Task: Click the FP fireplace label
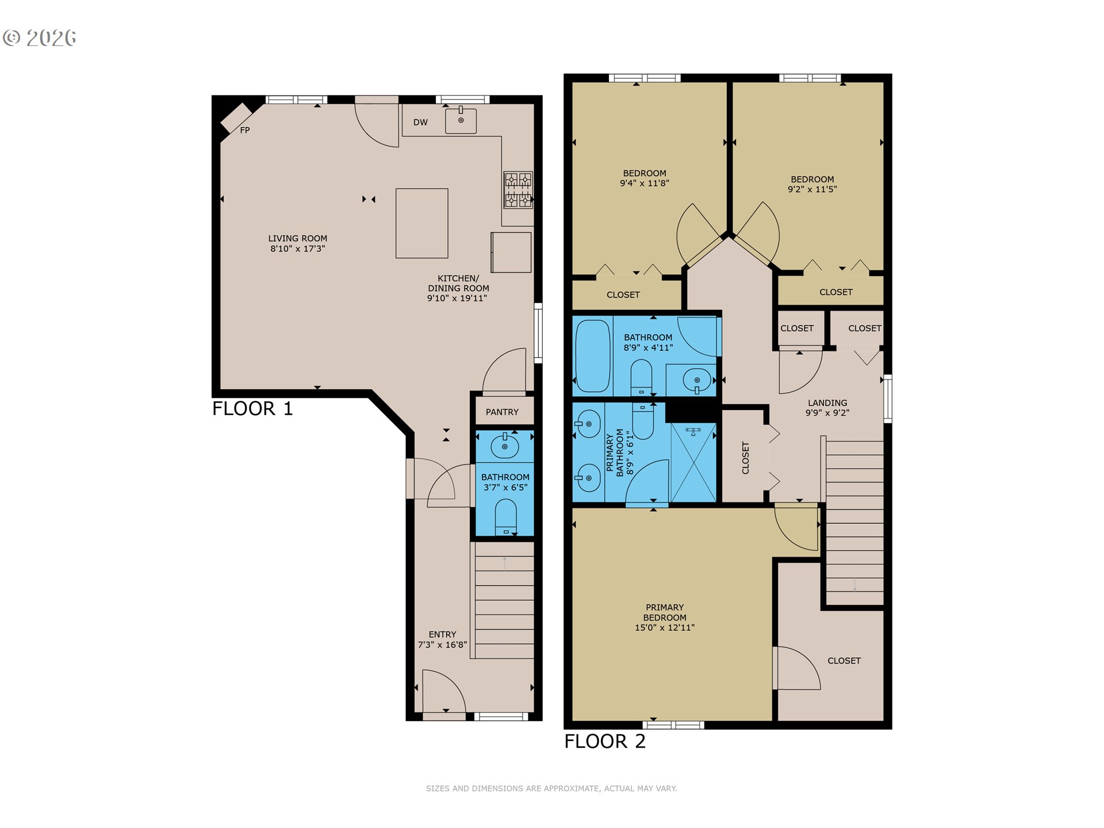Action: coord(245,131)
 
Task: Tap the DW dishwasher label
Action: coord(420,122)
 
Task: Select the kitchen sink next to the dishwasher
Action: coord(461,121)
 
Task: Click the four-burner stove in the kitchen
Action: coord(518,190)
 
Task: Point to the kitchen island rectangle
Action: coord(421,223)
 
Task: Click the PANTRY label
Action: coord(502,412)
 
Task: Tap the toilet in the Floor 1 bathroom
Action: coord(506,516)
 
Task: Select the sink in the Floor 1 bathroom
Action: coord(505,446)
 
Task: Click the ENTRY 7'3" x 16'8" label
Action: coord(442,639)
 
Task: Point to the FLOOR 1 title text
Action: coord(252,409)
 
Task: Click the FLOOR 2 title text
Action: coord(604,742)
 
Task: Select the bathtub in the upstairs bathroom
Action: coord(592,355)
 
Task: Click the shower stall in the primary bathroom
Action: coord(693,463)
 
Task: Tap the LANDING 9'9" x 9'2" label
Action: coord(827,408)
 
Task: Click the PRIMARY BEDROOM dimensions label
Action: coord(665,618)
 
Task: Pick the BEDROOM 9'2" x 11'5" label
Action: coord(812,184)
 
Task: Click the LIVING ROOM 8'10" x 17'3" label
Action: coord(298,243)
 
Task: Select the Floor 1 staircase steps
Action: coord(504,601)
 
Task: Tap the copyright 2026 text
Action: coord(40,38)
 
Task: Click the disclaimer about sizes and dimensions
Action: coord(551,788)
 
